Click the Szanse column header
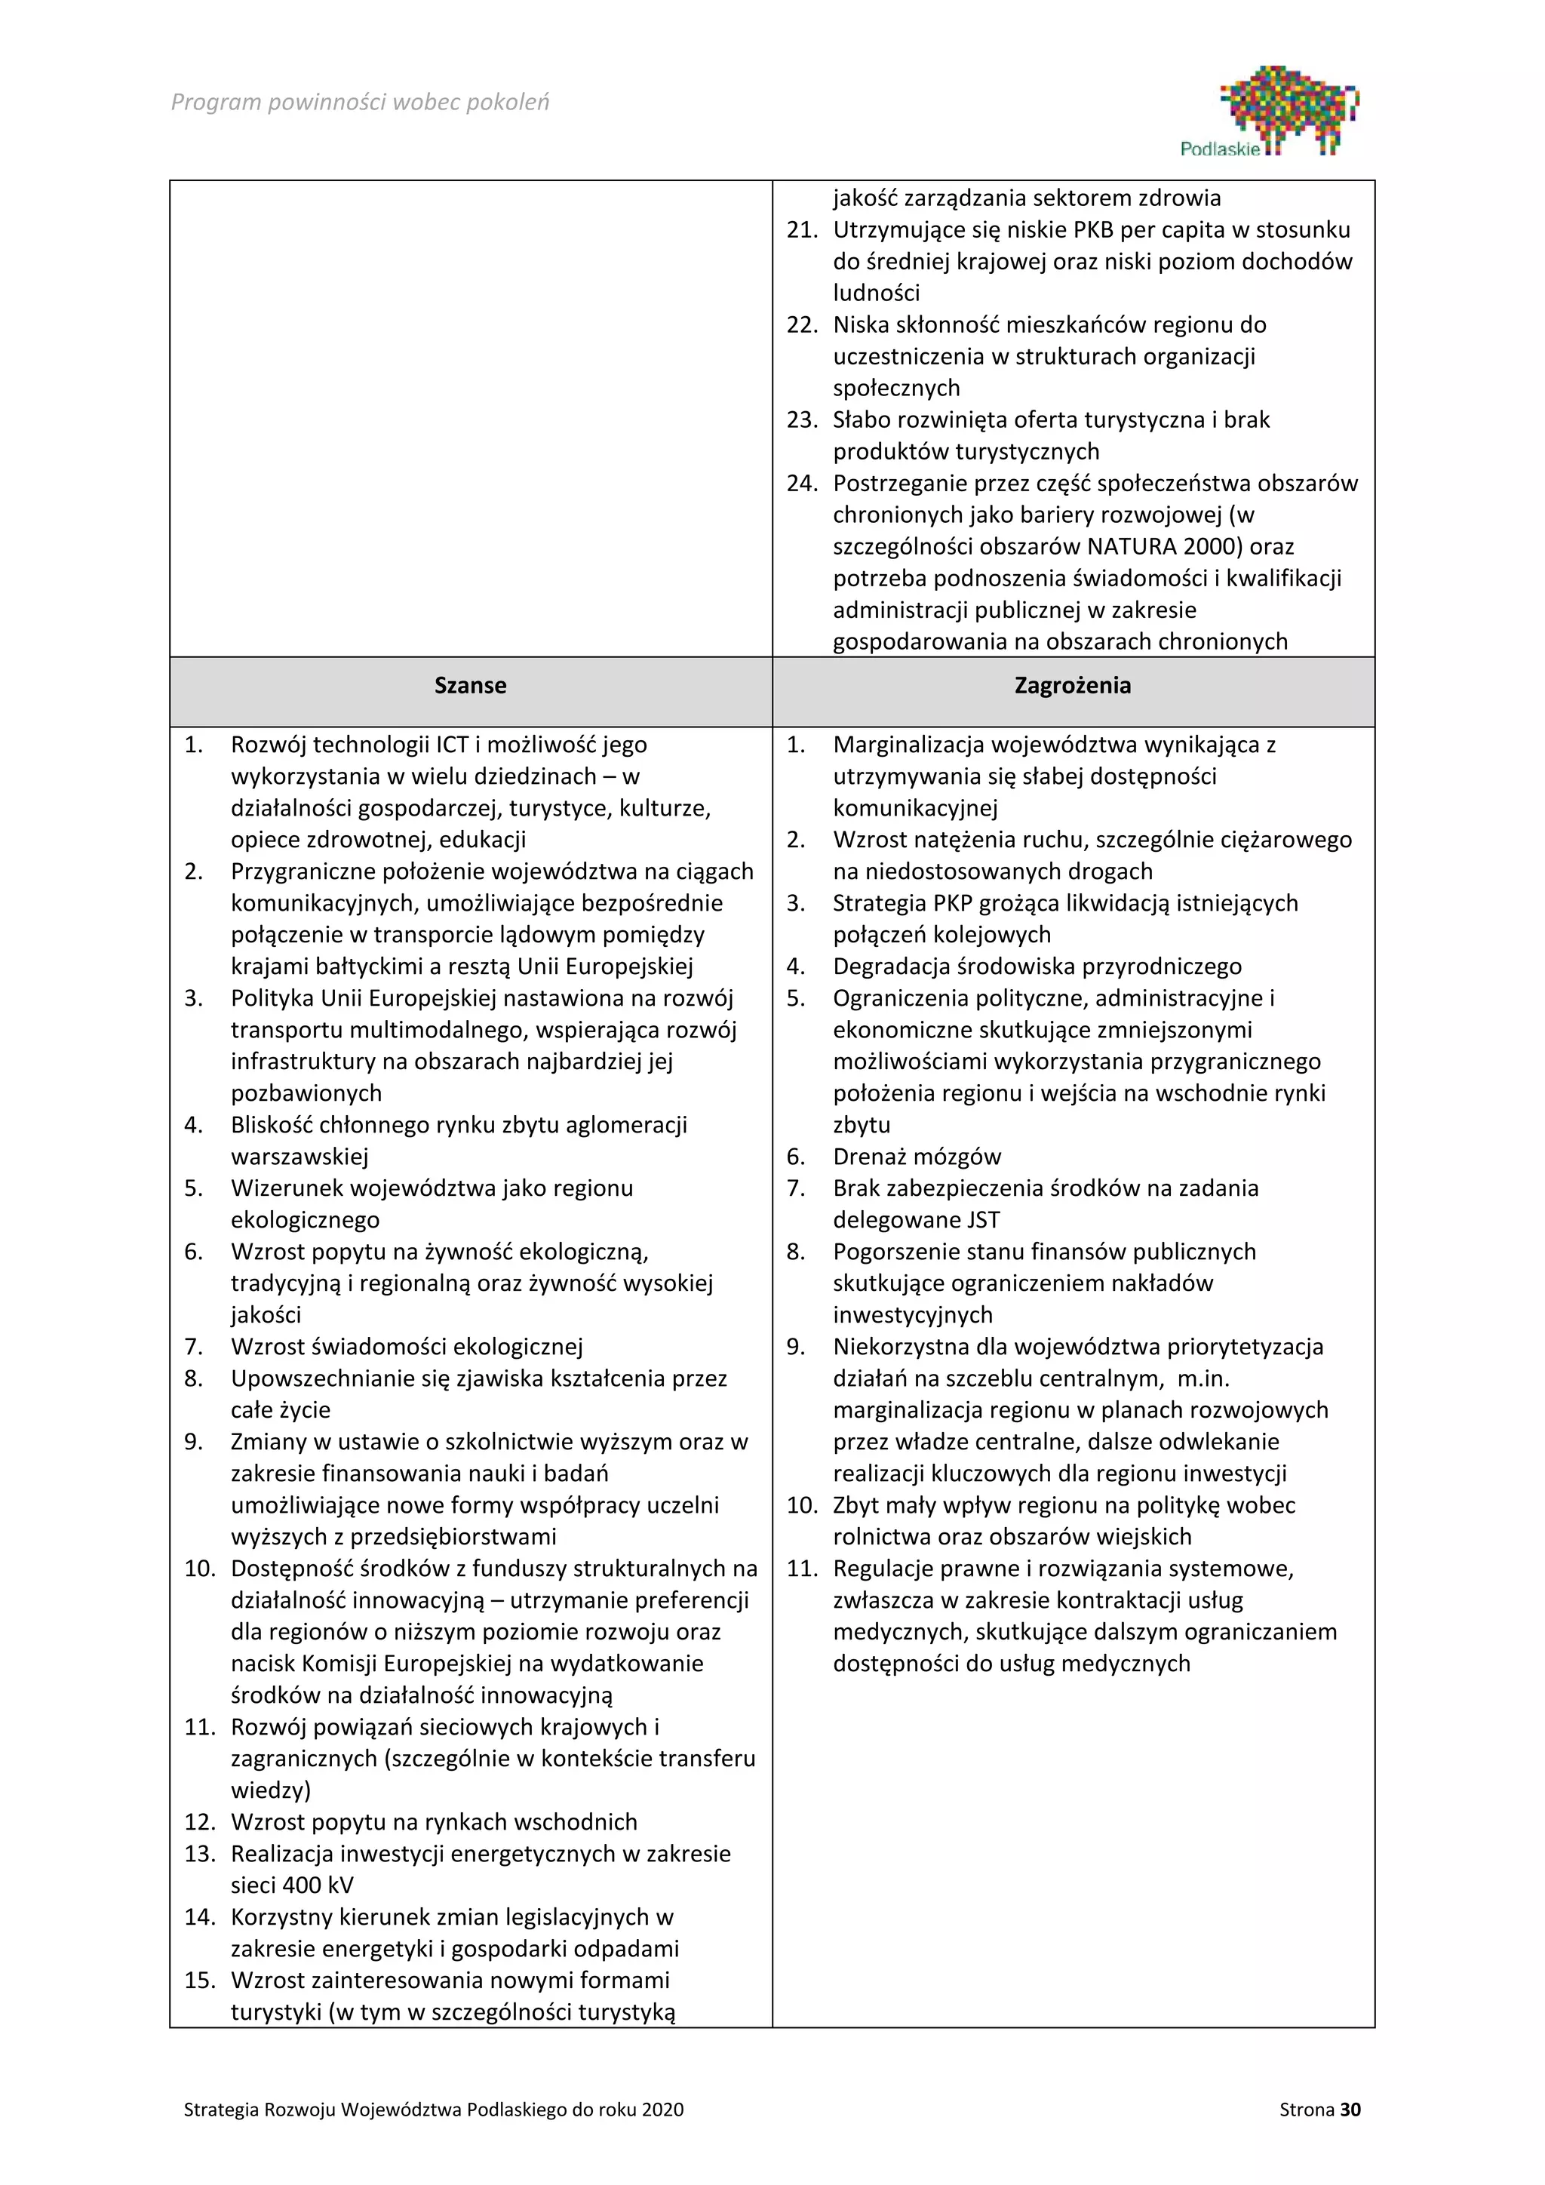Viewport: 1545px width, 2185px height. pyautogui.click(x=470, y=685)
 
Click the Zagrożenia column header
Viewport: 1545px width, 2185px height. pyautogui.click(x=1072, y=685)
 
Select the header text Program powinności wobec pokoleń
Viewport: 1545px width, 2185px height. pyautogui.click(x=360, y=102)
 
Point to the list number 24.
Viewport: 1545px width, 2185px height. pyautogui.click(x=802, y=484)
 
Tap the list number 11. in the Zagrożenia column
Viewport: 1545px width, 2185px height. pyautogui.click(x=802, y=1569)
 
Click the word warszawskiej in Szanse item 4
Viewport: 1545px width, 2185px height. pyautogui.click(x=299, y=1157)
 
